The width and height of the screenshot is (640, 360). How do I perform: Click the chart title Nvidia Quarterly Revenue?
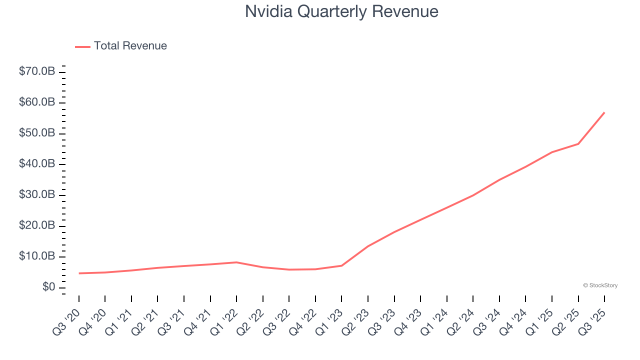tap(341, 11)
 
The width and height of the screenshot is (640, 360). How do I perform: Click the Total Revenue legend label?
tap(130, 46)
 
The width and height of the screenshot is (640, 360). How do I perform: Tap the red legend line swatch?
tap(82, 46)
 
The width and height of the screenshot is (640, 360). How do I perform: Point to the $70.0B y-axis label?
tap(37, 71)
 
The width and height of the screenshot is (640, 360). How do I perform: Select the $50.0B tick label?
tap(37, 133)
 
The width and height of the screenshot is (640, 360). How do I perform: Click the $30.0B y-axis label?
tap(37, 194)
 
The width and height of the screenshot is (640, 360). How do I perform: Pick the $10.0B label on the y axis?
tap(37, 256)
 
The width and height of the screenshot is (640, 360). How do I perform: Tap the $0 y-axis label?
tap(48, 287)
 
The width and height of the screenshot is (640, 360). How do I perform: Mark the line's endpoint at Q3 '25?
tap(604, 112)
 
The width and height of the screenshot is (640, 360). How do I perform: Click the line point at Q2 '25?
tap(578, 144)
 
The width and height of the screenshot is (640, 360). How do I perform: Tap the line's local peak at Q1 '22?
tap(236, 262)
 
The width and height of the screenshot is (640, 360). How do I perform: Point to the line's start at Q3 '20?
tap(79, 273)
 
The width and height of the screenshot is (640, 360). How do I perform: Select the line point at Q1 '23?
tap(341, 265)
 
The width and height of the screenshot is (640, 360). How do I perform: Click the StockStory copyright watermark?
tap(600, 285)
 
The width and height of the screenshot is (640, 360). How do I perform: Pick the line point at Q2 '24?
tap(473, 195)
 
